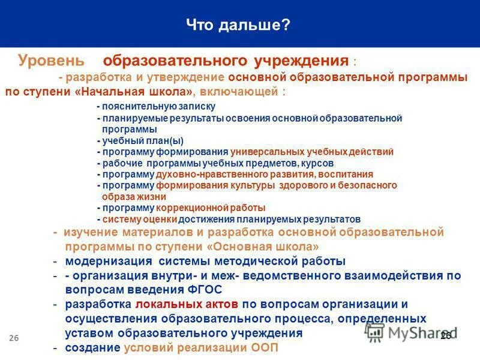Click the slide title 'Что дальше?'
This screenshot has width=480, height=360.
coord(238,25)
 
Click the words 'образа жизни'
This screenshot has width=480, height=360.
coord(134,196)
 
